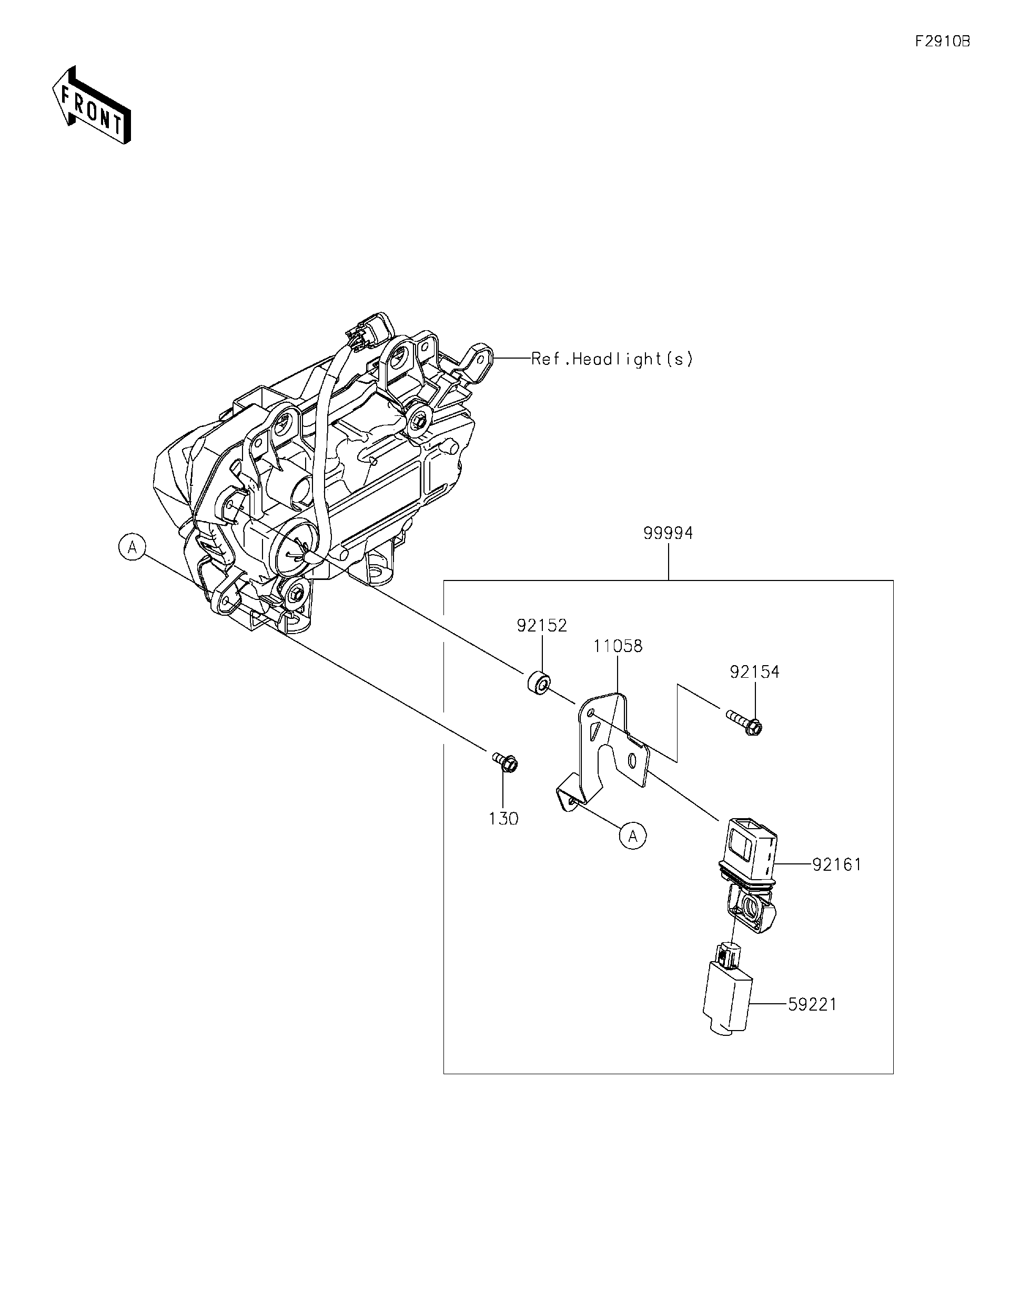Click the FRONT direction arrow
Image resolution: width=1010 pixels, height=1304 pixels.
(x=92, y=106)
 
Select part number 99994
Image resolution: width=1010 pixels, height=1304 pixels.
(x=669, y=533)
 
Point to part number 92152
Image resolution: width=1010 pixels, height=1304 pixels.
(x=542, y=626)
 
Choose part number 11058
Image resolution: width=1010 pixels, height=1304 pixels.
(x=618, y=646)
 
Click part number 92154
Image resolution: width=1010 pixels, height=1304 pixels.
(x=754, y=673)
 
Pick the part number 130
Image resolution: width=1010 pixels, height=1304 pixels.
(x=503, y=819)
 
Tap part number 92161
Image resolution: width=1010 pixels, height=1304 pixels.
(x=837, y=864)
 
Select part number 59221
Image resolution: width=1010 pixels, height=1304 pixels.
(x=812, y=1005)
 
